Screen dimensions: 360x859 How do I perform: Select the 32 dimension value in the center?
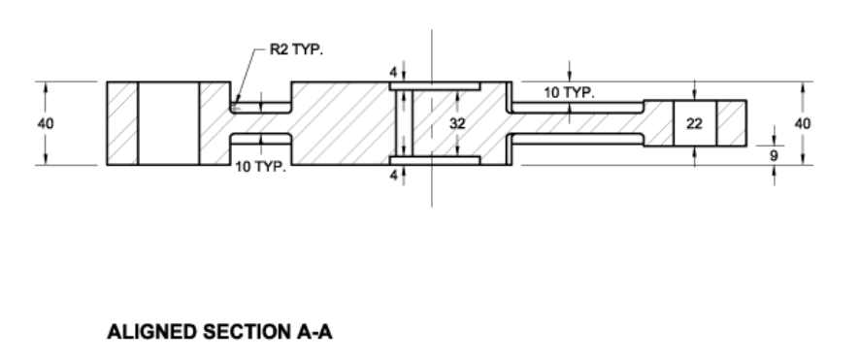coord(457,123)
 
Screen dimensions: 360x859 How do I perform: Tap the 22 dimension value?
coord(694,123)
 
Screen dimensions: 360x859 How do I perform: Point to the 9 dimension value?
coord(773,153)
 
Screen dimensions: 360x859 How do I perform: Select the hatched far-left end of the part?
coord(122,123)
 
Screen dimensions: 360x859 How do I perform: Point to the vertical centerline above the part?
coord(431,53)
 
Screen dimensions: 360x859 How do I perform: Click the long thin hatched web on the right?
coord(578,123)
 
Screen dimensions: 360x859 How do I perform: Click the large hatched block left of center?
coord(340,123)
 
